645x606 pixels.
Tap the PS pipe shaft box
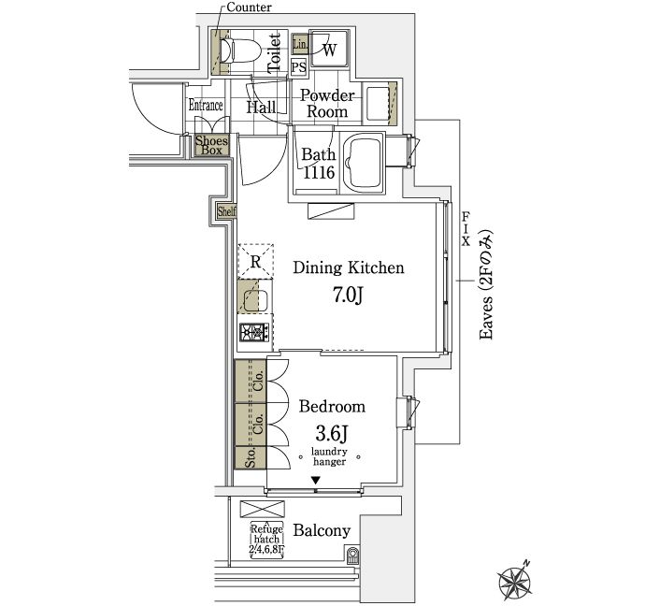[x=299, y=67]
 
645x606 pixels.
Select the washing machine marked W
[x=329, y=48]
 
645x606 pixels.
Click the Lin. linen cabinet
[x=300, y=44]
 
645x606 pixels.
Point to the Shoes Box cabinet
[x=211, y=145]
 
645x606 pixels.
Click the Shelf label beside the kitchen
[x=226, y=211]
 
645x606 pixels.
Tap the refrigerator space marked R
[x=256, y=261]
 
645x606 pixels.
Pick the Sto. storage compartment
[x=251, y=457]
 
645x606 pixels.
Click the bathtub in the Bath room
[x=363, y=164]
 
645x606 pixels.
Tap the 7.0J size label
[x=349, y=295]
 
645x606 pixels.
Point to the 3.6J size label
[x=332, y=433]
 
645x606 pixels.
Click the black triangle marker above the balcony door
[x=316, y=480]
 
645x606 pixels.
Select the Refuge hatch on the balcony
[x=266, y=540]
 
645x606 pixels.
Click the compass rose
[x=514, y=581]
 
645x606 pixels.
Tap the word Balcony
[x=322, y=530]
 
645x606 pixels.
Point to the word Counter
[x=250, y=7]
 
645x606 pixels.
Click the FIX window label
[x=466, y=229]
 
